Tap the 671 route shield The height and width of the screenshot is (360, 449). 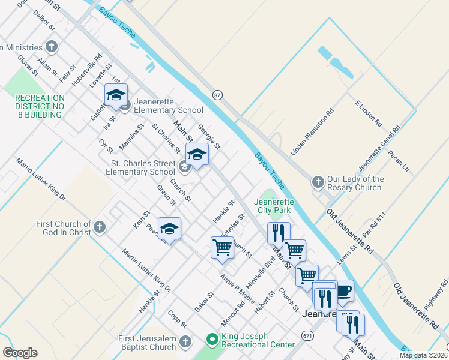(x=308, y=334)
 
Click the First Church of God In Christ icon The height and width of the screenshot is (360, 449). (x=100, y=227)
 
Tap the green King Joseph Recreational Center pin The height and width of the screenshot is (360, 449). (x=211, y=340)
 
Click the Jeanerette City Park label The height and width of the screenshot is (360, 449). (x=274, y=206)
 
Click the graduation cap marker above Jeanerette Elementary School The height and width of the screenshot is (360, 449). (x=116, y=95)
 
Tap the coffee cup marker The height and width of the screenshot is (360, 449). (x=343, y=292)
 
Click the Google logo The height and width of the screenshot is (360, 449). (x=20, y=353)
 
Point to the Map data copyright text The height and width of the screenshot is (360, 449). (x=423, y=355)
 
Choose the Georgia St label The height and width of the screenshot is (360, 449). (x=209, y=137)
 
